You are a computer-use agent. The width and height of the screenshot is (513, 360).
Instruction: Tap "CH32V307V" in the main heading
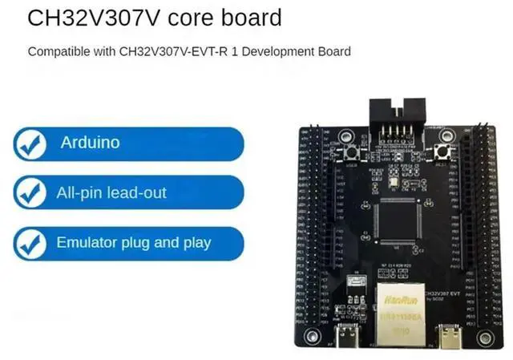click(86, 18)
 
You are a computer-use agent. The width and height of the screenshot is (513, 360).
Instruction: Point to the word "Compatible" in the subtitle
click(58, 51)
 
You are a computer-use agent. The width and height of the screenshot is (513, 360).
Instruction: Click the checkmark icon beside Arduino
click(30, 144)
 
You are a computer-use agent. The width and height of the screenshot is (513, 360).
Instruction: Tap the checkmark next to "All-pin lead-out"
click(30, 193)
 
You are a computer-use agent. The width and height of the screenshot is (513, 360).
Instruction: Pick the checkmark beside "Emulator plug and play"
click(30, 242)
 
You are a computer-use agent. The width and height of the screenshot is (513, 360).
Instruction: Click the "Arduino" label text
click(90, 143)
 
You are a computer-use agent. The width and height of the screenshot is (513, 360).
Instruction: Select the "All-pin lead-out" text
click(113, 192)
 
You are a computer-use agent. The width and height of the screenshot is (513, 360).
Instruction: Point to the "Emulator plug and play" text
click(133, 242)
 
